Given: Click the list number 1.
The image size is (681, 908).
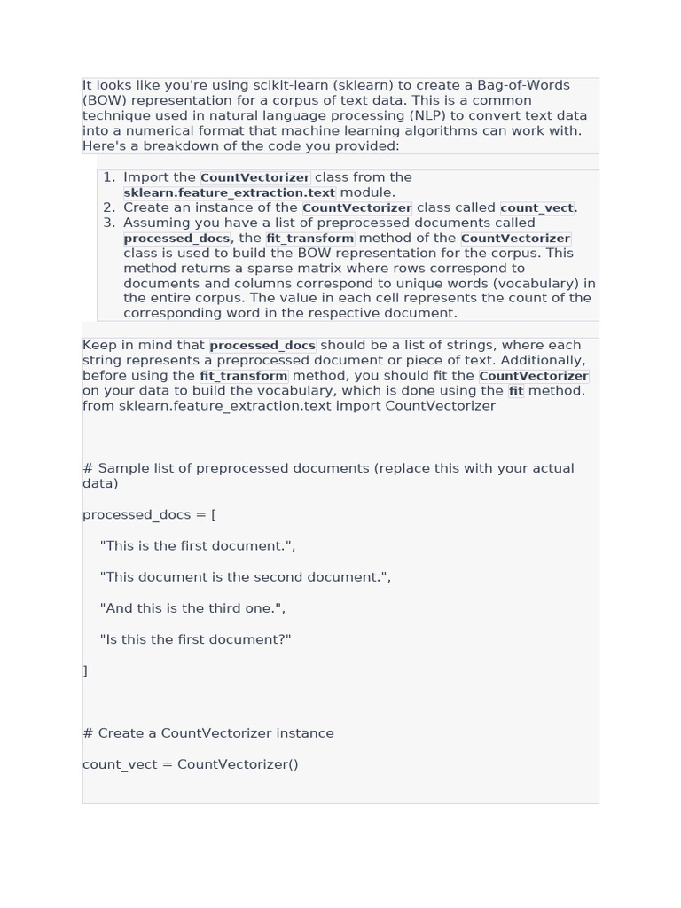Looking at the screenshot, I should click(109, 177).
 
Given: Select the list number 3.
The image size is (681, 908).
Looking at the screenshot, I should click(109, 223).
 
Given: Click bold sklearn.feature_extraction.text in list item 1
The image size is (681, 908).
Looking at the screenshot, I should click(229, 192).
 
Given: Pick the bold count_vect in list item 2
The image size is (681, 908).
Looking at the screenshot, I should click(536, 207).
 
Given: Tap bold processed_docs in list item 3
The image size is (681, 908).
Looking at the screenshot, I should click(176, 238).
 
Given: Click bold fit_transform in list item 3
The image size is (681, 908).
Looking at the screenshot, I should click(309, 238).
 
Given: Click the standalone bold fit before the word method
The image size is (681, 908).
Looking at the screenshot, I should click(516, 390).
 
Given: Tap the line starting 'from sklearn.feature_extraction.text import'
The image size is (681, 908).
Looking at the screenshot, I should click(289, 405).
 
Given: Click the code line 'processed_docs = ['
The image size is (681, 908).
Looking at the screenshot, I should click(149, 514).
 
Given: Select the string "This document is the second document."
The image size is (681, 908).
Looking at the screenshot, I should click(246, 576).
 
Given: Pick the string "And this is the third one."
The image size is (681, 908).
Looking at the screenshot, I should click(192, 607).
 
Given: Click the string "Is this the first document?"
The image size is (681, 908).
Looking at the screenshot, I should click(196, 638).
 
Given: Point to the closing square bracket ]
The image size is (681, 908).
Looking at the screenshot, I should click(85, 670).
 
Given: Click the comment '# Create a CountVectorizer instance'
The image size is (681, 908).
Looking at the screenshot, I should click(208, 732).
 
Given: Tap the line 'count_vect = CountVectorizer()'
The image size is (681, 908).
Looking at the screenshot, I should click(191, 763).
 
